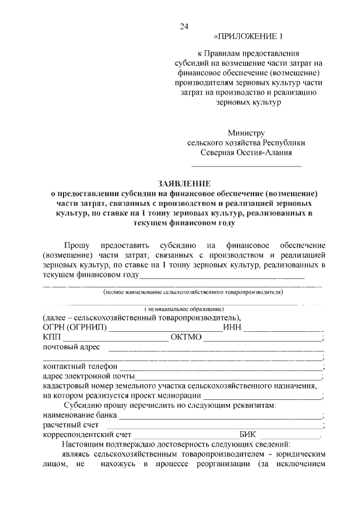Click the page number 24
(x=184, y=26)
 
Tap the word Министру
(x=246, y=133)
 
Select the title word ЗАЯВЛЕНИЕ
(x=183, y=183)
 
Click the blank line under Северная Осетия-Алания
(x=246, y=166)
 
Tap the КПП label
(x=51, y=337)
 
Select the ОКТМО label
(x=187, y=337)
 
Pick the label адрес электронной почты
(x=88, y=376)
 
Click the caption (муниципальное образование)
(x=184, y=309)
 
